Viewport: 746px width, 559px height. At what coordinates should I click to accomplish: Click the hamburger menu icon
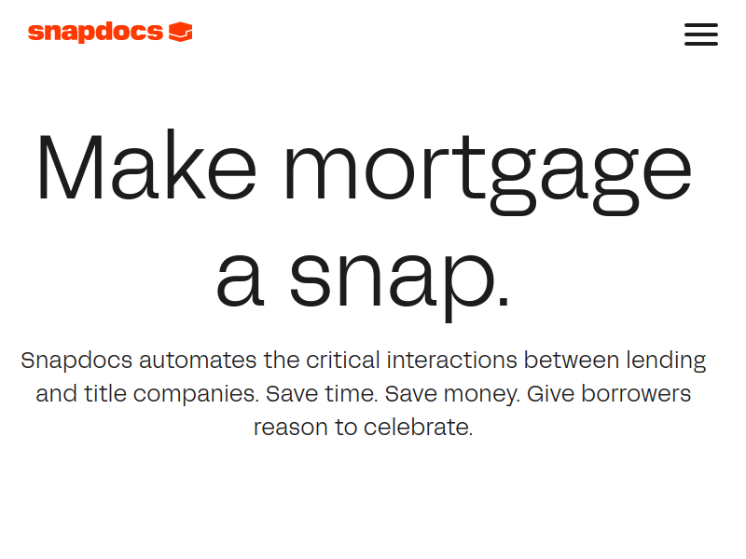(x=701, y=34)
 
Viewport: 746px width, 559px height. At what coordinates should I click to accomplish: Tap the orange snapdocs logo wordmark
(x=96, y=33)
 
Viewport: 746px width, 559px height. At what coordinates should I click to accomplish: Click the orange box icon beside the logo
(x=181, y=32)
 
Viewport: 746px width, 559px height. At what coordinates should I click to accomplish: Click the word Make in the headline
(x=146, y=166)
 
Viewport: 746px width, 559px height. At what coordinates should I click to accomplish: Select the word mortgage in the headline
(x=488, y=173)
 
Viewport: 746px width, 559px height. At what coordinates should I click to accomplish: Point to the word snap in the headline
(x=393, y=280)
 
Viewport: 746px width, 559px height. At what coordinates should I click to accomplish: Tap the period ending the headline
(x=504, y=299)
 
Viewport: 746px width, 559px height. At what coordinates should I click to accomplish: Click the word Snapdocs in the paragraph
(x=76, y=360)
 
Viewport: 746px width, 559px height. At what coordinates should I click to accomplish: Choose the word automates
(x=198, y=361)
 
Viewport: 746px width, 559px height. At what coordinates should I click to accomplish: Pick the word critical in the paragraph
(x=343, y=360)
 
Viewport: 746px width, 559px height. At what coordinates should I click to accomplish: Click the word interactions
(x=451, y=360)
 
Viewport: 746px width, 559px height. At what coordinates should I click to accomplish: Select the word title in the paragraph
(x=105, y=393)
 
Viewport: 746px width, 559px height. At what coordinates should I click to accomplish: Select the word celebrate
(x=416, y=427)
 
